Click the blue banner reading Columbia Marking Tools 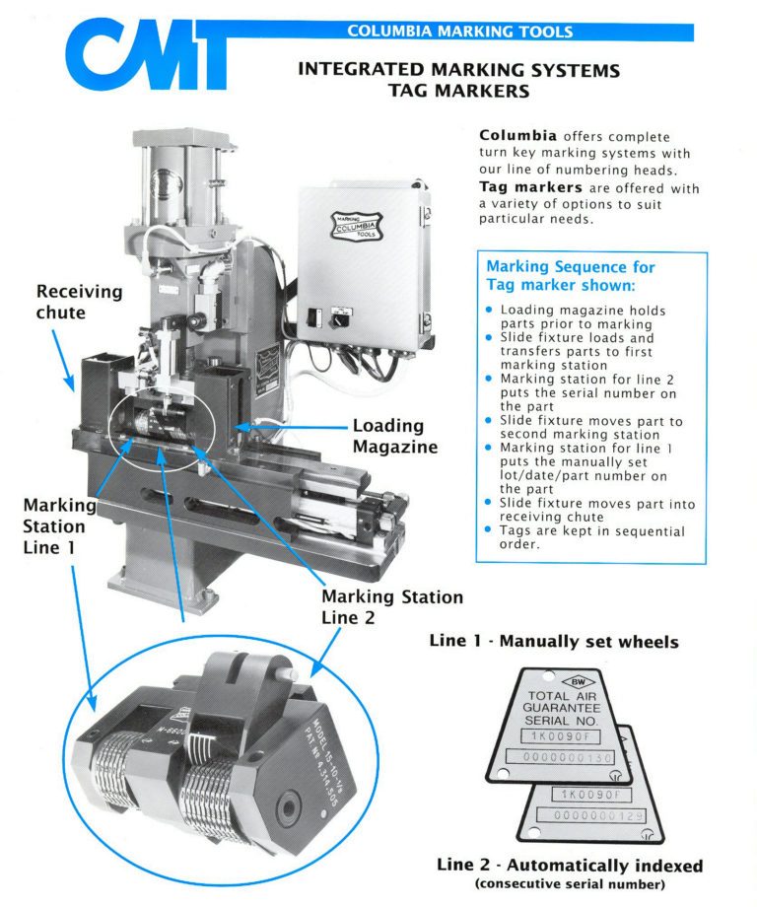(x=459, y=32)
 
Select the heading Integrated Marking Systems (x=458, y=70)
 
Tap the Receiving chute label (x=79, y=303)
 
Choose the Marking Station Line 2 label (x=391, y=607)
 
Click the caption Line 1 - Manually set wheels (x=553, y=642)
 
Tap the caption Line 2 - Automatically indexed (x=570, y=866)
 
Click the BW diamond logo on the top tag (x=573, y=681)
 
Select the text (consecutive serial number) (x=570, y=883)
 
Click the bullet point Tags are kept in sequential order (x=592, y=539)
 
